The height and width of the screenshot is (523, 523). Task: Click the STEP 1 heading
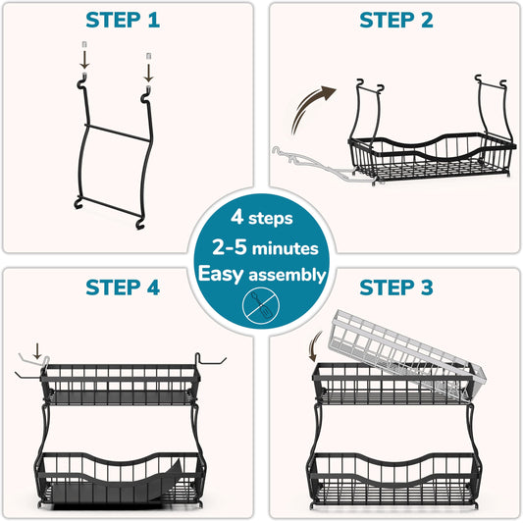click(123, 20)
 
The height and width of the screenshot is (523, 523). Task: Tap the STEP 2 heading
click(396, 20)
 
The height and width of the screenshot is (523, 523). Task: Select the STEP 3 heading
click(396, 288)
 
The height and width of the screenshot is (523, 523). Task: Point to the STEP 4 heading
click(123, 288)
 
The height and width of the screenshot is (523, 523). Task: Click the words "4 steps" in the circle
click(262, 218)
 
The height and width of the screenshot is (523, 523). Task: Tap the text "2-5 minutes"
click(266, 247)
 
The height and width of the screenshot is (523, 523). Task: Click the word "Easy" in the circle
click(221, 274)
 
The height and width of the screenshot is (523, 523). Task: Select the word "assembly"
click(288, 276)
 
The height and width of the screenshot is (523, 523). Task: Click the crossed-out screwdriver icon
click(261, 306)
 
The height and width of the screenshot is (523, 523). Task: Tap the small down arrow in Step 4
click(37, 350)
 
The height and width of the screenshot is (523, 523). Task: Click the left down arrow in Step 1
click(84, 60)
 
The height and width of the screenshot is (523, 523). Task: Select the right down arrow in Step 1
click(149, 73)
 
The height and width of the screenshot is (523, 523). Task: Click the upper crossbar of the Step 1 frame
click(118, 132)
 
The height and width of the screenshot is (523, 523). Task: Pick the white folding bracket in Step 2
click(314, 165)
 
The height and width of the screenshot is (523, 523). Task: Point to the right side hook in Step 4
click(207, 361)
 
